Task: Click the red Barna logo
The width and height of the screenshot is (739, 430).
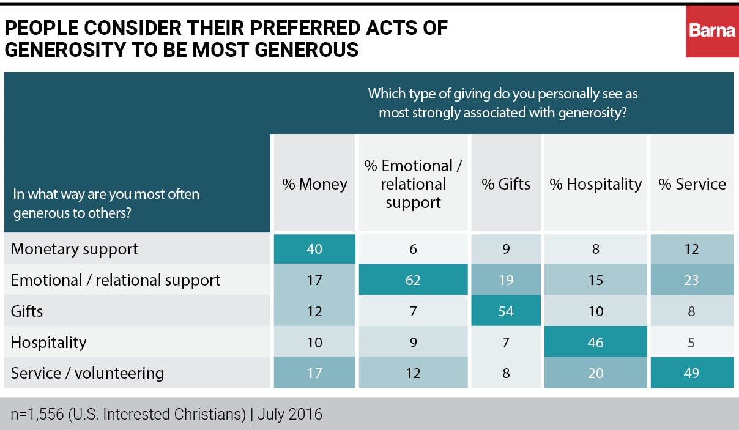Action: [711, 31]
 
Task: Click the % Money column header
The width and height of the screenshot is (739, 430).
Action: [314, 184]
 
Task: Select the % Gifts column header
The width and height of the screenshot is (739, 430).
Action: [506, 184]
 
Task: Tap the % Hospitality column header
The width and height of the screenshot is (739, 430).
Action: [596, 184]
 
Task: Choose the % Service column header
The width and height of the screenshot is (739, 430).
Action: [692, 184]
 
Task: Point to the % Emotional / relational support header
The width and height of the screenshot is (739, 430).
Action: [413, 184]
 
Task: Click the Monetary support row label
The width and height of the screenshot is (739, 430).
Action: [75, 249]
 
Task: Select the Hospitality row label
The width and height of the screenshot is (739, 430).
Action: [49, 342]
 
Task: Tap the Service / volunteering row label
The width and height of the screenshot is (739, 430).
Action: [87, 373]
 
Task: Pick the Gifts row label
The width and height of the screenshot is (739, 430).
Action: [28, 311]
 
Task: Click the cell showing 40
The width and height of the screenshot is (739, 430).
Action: [314, 249]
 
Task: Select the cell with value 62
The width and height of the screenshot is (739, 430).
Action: [413, 280]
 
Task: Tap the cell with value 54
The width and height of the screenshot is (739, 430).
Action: [506, 311]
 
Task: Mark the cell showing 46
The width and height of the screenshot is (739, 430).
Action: [595, 342]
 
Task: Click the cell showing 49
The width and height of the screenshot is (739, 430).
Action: [692, 373]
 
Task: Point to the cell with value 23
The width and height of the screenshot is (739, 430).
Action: [692, 280]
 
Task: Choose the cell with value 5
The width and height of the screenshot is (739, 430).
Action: [692, 342]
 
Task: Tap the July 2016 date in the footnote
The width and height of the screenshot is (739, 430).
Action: [290, 414]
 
